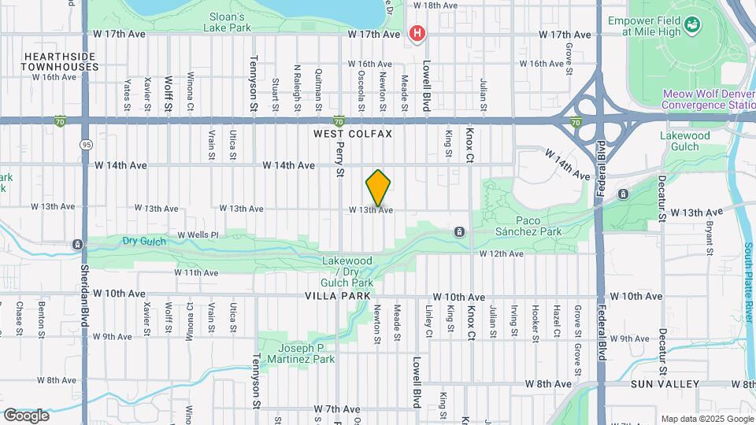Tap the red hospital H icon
[417, 34]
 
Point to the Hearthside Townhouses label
[61, 62]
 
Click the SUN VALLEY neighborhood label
[665, 384]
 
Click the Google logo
[26, 416]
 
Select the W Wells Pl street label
[197, 235]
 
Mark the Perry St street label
[340, 158]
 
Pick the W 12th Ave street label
[502, 253]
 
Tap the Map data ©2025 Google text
[706, 419]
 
